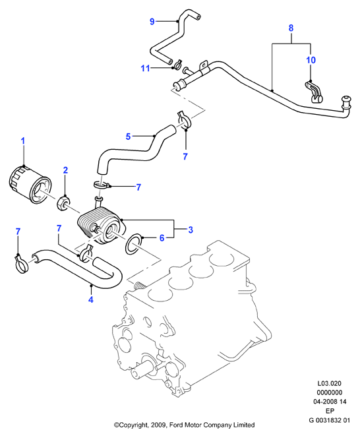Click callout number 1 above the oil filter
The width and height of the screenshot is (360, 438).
[x=23, y=141]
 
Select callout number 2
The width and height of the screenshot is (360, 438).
[x=65, y=170]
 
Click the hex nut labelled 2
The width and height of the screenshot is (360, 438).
[x=63, y=204]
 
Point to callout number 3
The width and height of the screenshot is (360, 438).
[x=191, y=230]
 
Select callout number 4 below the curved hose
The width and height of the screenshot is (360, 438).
[x=90, y=299]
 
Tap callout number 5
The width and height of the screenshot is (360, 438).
[x=128, y=137]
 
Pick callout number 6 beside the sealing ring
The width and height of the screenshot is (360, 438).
[x=162, y=238]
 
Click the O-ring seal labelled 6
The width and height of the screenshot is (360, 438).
[x=134, y=243]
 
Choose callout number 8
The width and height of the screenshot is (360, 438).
[x=291, y=28]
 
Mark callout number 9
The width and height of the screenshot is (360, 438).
[x=152, y=21]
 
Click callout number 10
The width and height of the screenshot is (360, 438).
[x=311, y=60]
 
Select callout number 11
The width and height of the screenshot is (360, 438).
[x=145, y=68]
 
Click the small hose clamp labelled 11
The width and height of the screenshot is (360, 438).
[x=177, y=64]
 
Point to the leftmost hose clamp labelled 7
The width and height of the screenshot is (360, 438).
[x=21, y=265]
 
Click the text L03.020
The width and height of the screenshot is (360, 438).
[x=329, y=383]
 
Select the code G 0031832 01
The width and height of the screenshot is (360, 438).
[x=329, y=420]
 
